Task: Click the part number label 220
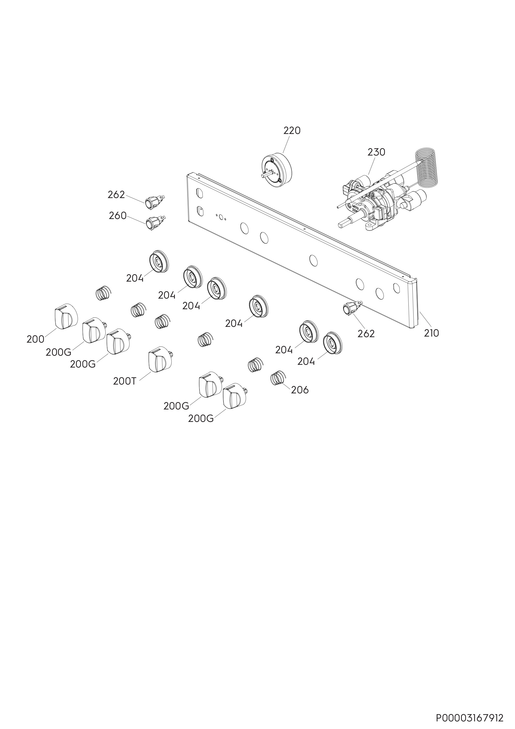tap(292, 131)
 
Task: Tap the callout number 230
tap(376, 152)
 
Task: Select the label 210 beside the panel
tap(431, 333)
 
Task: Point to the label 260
tap(118, 216)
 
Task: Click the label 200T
tap(125, 381)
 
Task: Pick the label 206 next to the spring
tap(300, 390)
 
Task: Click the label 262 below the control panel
tap(366, 334)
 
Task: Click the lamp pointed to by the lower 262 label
tap(351, 308)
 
